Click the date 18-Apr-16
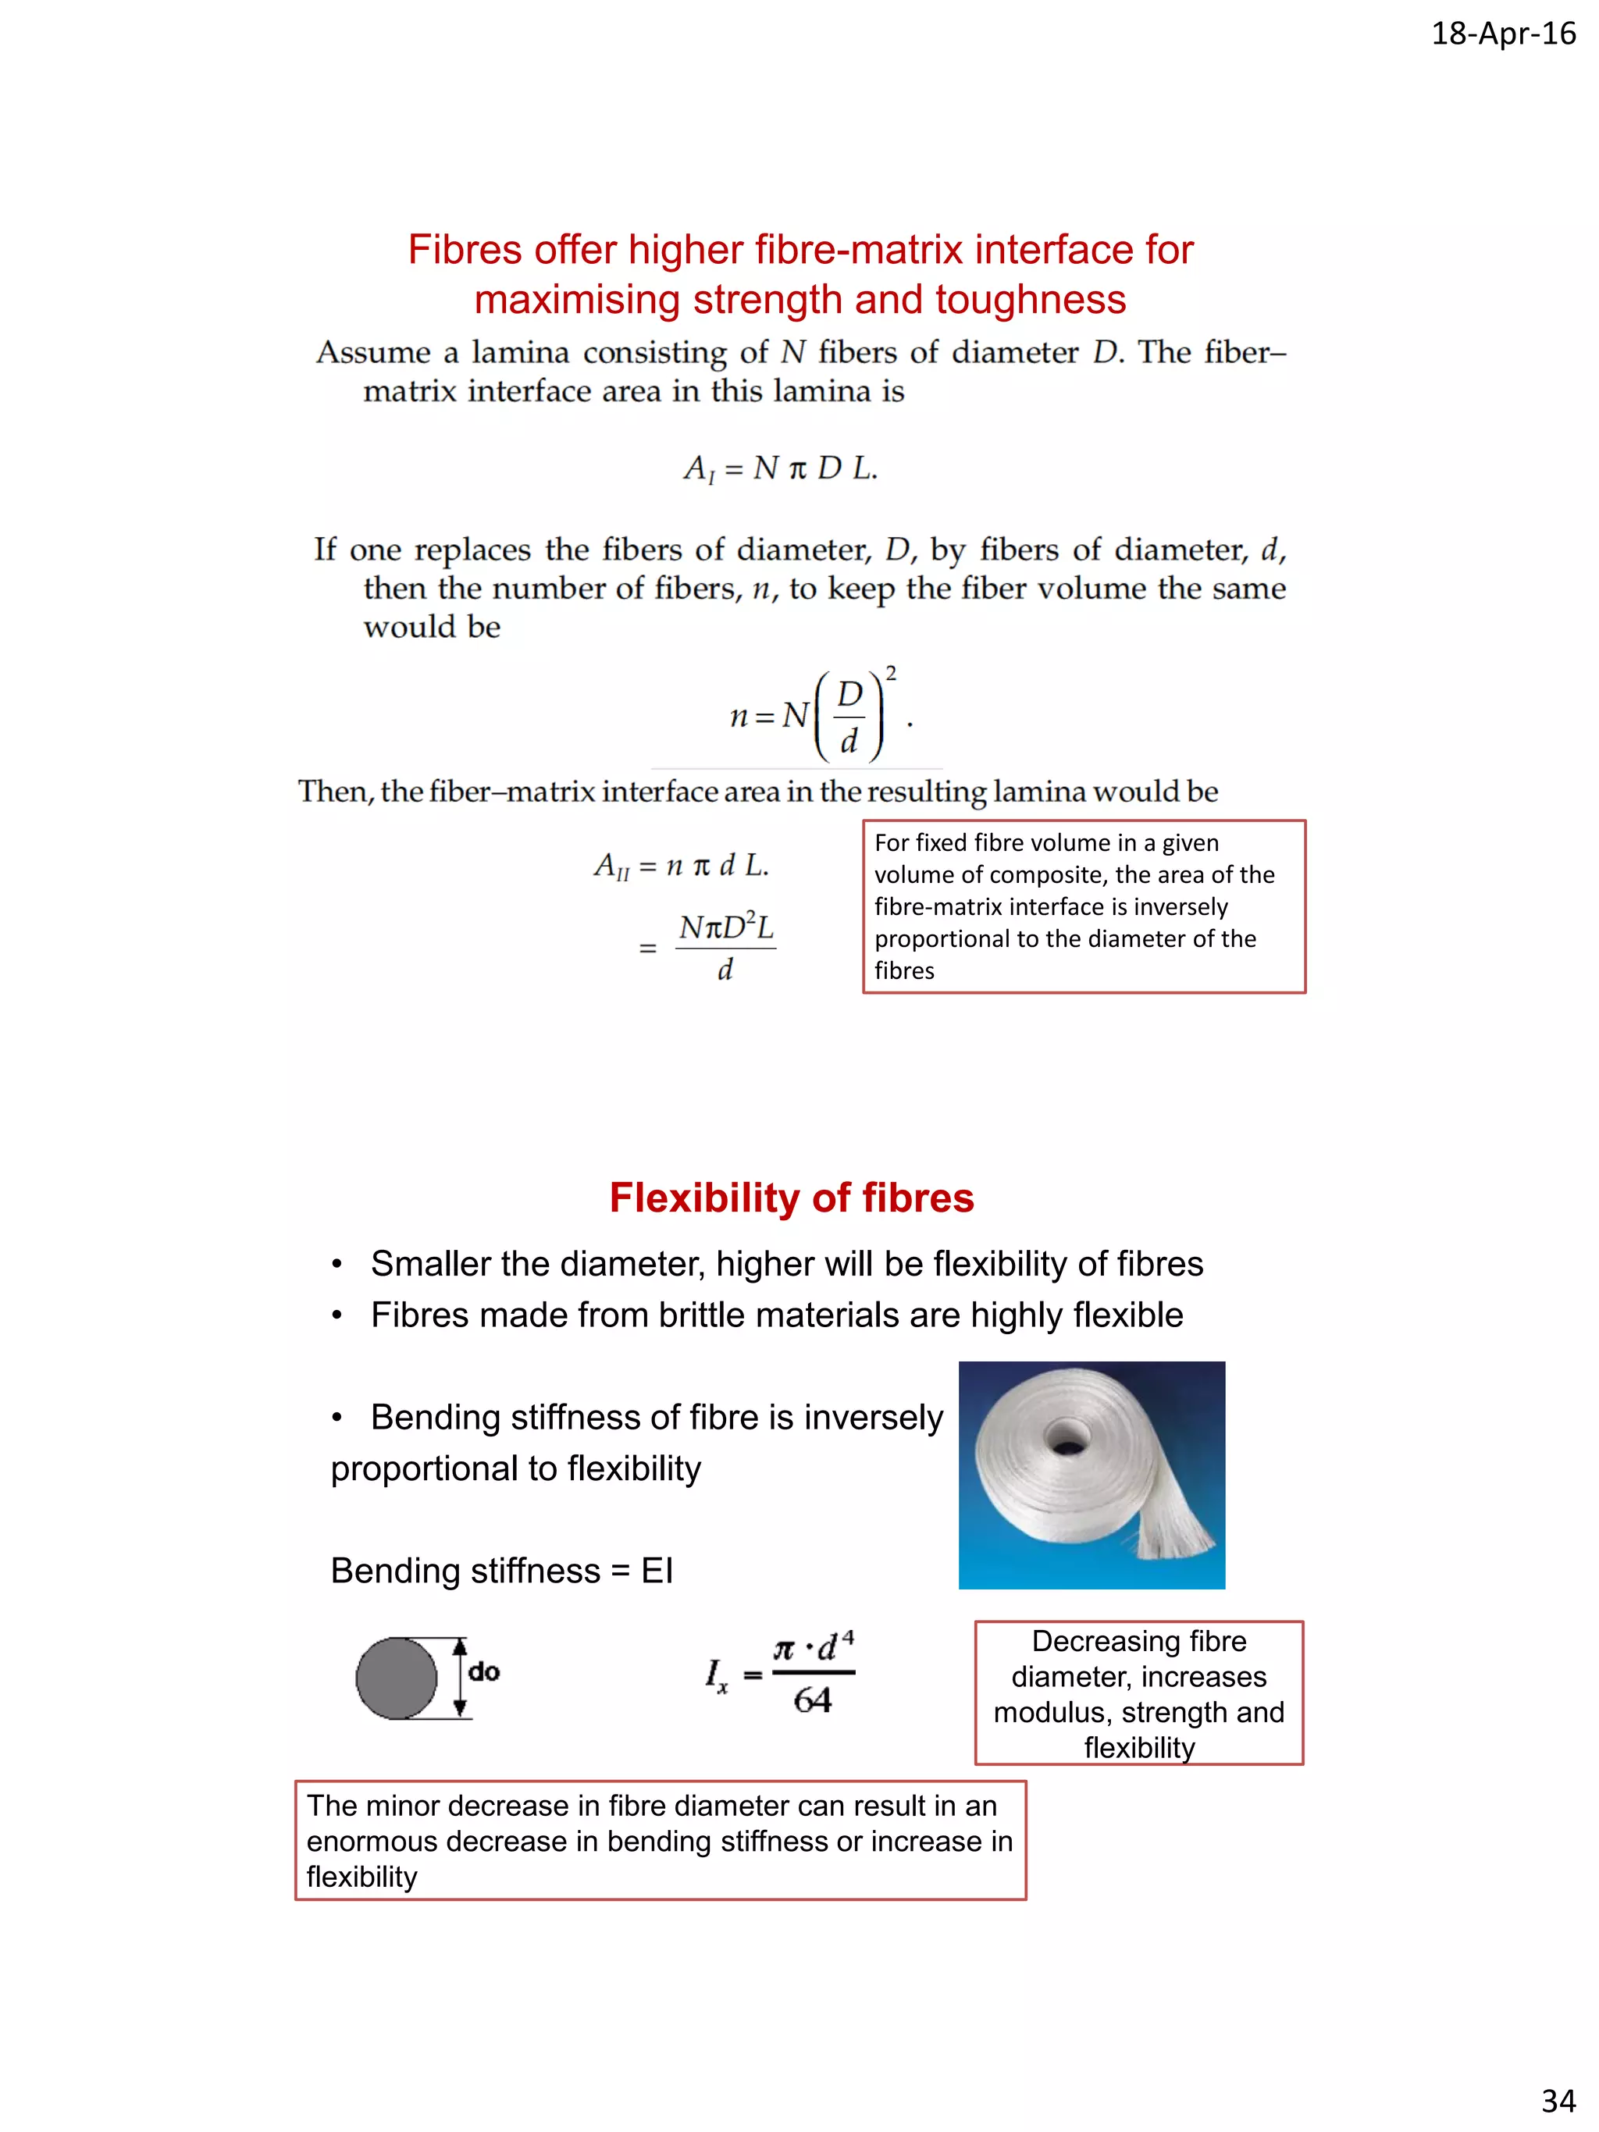click(x=1503, y=34)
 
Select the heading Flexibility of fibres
click(x=792, y=1198)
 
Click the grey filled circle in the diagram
click(x=396, y=1678)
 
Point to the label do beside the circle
click(x=484, y=1671)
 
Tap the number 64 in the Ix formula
click(x=813, y=1700)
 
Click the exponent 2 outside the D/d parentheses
click(x=891, y=673)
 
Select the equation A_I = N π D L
click(x=780, y=469)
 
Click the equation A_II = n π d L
click(x=681, y=866)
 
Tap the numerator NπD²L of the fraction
click(x=726, y=927)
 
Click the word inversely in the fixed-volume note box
click(x=1181, y=907)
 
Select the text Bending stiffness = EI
click(x=501, y=1570)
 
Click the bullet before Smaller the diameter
click(x=337, y=1265)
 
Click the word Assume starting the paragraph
click(x=372, y=353)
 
